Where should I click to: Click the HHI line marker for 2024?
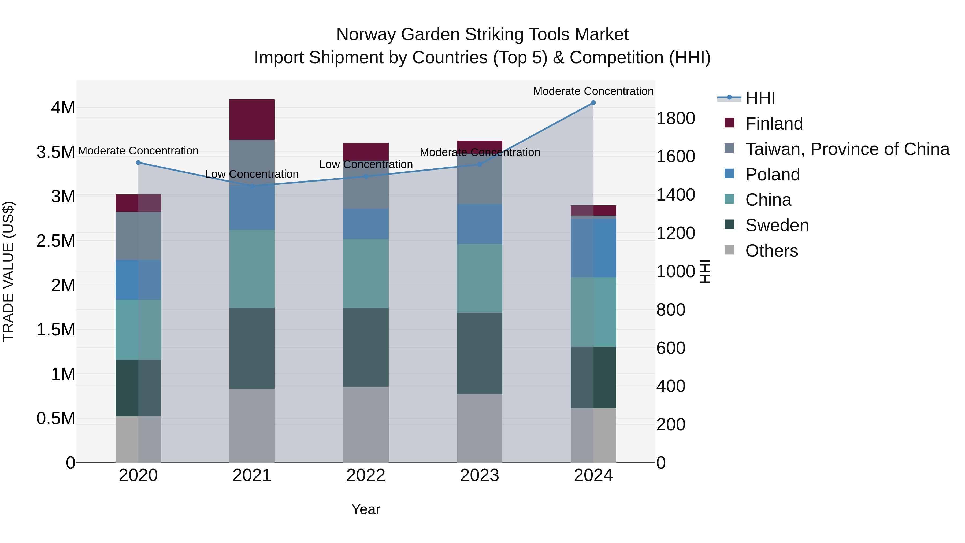coord(593,103)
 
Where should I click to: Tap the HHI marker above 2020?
coord(138,163)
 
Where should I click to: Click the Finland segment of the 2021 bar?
coord(252,120)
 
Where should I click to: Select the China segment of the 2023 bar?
coord(480,278)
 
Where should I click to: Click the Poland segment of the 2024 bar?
coord(593,248)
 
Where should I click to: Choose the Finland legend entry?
coord(774,124)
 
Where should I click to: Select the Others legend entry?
coord(772,251)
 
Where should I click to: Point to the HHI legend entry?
coord(760,98)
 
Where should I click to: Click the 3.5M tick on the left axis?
coord(56,153)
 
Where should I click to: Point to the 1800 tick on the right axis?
coord(676,119)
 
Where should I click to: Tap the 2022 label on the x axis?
coord(366,475)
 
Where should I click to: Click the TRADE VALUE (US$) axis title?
coord(8,271)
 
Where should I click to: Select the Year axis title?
coord(366,509)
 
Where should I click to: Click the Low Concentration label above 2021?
coord(252,174)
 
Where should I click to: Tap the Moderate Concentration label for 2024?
coord(593,91)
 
